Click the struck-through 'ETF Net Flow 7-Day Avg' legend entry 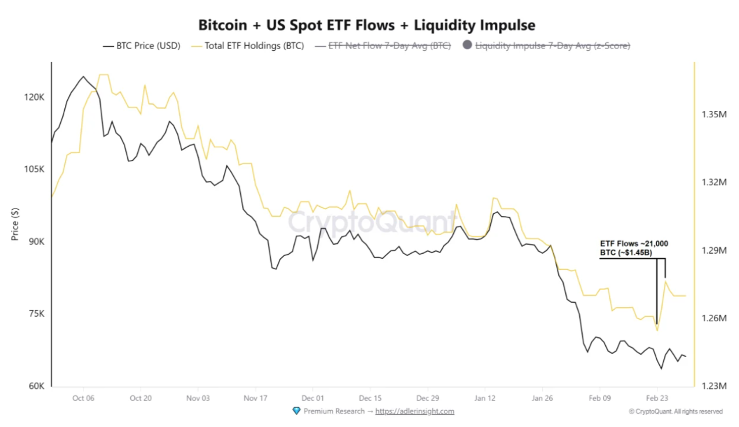[389, 46]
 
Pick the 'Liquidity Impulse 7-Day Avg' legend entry [552, 46]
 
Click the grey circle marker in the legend [468, 46]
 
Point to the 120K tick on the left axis [34, 97]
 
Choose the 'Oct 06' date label [83, 398]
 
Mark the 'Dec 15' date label [370, 398]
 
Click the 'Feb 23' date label [656, 398]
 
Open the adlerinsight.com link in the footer [414, 411]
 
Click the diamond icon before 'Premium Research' [297, 411]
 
